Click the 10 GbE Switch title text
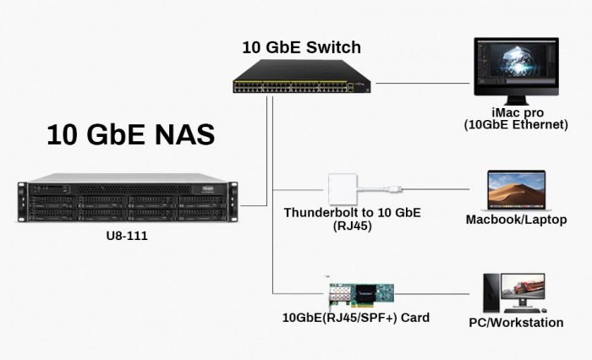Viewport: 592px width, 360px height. click(302, 47)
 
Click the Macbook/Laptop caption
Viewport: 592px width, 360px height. click(515, 220)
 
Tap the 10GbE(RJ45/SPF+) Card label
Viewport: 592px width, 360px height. click(356, 319)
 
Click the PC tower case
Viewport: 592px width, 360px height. click(491, 293)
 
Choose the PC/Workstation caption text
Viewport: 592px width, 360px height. click(516, 323)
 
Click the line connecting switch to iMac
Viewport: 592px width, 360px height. click(423, 84)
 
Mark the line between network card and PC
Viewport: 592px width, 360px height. click(436, 295)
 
